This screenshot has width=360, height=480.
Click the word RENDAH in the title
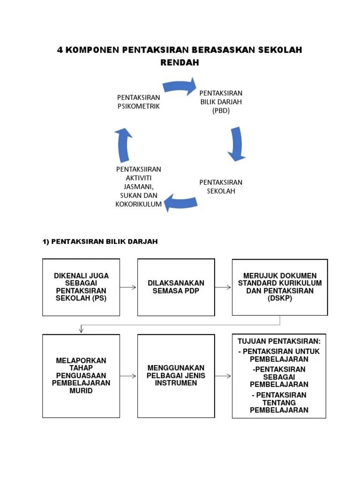(x=180, y=62)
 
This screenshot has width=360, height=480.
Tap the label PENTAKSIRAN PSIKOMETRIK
(x=138, y=102)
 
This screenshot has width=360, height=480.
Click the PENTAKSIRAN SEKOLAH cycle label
(x=221, y=187)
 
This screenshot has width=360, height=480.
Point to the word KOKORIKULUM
(x=138, y=204)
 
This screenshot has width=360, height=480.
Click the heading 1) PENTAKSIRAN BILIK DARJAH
(x=100, y=241)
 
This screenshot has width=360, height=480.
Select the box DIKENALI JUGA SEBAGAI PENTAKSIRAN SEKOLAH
(x=81, y=287)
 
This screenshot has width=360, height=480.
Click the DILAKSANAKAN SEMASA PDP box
(x=176, y=287)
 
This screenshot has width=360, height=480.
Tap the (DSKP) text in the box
(x=279, y=298)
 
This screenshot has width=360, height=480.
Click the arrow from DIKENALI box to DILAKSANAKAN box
(x=128, y=287)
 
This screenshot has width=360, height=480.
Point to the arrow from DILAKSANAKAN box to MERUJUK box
(x=223, y=287)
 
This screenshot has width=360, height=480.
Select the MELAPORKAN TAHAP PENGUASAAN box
(x=81, y=375)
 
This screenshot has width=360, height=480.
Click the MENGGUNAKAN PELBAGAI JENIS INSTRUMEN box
(x=176, y=375)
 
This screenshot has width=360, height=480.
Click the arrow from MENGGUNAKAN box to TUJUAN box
(x=223, y=376)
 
